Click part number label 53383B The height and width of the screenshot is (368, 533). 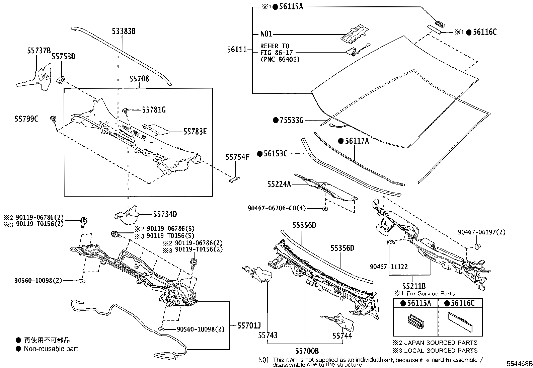pyautogui.click(x=124, y=31)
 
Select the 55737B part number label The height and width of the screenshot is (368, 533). pyautogui.click(x=39, y=51)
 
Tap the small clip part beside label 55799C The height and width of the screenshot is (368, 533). pyautogui.click(x=53, y=119)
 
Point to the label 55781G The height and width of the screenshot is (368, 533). pyautogui.click(x=154, y=110)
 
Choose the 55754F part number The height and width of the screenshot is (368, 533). pyautogui.click(x=237, y=157)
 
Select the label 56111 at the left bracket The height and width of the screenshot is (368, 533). pyautogui.click(x=237, y=50)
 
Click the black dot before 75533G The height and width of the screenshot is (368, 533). pyautogui.click(x=276, y=120)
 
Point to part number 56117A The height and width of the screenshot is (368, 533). pyautogui.click(x=357, y=141)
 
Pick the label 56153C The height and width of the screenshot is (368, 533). pyautogui.click(x=275, y=154)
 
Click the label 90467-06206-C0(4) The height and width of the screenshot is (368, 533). pyautogui.click(x=277, y=208)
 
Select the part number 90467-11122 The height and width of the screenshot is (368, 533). pyautogui.click(x=389, y=267)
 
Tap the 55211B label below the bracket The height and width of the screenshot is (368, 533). pyautogui.click(x=414, y=286)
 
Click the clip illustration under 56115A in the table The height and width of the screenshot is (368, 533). pyautogui.click(x=415, y=323)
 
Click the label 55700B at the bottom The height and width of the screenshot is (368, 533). pyautogui.click(x=307, y=351)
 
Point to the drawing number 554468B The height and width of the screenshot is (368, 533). pyautogui.click(x=519, y=364)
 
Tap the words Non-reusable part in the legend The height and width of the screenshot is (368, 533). pyautogui.click(x=51, y=349)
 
